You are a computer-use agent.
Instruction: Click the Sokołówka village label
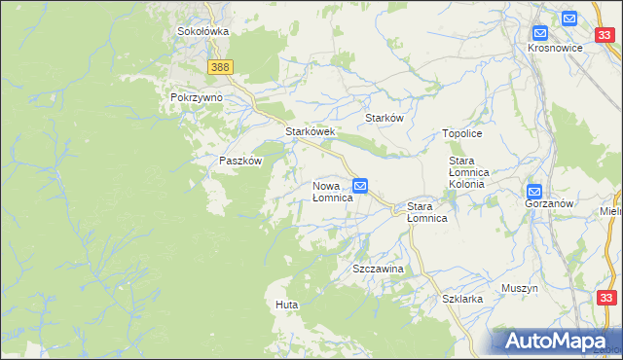pos(202,31)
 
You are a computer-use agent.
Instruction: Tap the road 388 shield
pos(220,66)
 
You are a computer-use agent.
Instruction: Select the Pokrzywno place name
pos(197,98)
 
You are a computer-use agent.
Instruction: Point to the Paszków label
pos(240,162)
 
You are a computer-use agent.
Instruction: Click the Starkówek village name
pos(310,131)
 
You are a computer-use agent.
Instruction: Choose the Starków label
pos(384,118)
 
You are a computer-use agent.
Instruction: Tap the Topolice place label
pos(462,133)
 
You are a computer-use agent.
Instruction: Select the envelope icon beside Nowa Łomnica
pos(360,185)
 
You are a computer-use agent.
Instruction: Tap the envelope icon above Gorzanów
pos(534,192)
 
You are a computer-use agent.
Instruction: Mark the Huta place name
pos(286,306)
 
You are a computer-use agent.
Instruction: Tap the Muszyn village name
pos(519,289)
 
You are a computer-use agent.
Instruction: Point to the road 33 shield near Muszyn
pos(606,298)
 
